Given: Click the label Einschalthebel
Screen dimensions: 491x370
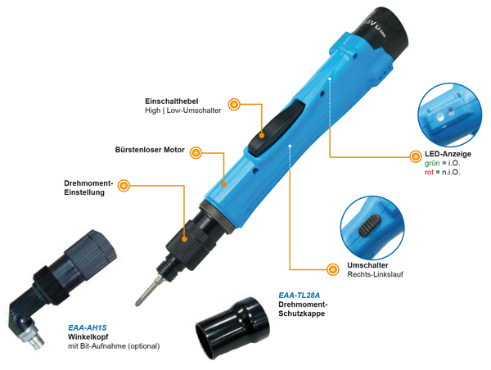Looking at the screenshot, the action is click(x=172, y=102).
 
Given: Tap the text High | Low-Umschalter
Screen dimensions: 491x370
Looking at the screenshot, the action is click(x=182, y=111).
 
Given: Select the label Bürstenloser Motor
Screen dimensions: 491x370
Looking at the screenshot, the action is click(x=150, y=150).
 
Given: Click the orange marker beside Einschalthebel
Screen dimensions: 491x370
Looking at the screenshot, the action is click(x=234, y=104).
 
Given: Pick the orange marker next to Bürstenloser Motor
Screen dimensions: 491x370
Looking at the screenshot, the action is click(x=196, y=153).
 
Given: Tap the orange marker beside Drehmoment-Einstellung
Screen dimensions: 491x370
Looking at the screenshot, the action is click(x=124, y=186).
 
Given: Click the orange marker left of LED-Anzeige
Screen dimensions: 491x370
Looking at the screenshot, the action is click(x=416, y=156).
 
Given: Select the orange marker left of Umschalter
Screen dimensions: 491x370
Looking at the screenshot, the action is click(x=332, y=269).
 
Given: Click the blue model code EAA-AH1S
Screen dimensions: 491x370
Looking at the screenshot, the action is click(x=88, y=328).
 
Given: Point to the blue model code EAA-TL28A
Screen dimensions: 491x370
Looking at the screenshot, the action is click(x=299, y=296).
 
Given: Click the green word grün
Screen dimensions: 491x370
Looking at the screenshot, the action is click(x=432, y=164).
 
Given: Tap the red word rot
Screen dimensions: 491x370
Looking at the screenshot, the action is click(x=429, y=172).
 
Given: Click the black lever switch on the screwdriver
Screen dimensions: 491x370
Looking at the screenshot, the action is click(x=277, y=127).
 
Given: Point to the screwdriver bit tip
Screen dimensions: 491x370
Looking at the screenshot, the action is click(x=137, y=303).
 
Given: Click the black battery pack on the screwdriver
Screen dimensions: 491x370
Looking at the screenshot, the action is click(x=383, y=33).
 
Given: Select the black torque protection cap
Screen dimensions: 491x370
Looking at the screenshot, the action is click(x=232, y=328).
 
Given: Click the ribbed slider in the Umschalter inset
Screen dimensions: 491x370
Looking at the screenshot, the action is click(x=370, y=225).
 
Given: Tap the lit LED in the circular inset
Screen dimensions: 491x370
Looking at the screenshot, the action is click(x=440, y=118).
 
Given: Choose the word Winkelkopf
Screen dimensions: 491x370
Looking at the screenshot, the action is click(x=88, y=337).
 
